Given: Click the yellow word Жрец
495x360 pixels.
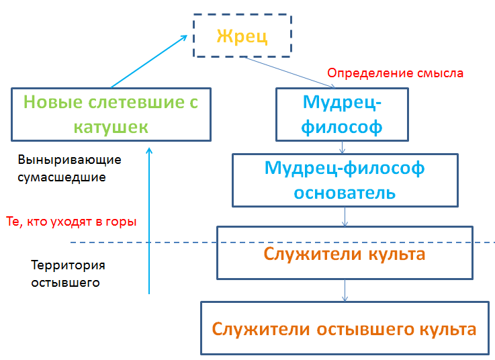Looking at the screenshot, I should (x=242, y=36).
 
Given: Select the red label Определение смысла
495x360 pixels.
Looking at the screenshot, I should (x=394, y=73).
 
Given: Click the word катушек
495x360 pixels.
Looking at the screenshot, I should (x=111, y=126).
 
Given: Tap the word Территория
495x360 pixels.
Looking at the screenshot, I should (x=68, y=265).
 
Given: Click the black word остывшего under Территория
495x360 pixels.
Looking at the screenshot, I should (x=66, y=282).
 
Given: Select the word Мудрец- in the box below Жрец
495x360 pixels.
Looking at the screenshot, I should (x=343, y=102).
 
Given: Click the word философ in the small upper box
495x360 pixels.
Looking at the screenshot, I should (x=343, y=126).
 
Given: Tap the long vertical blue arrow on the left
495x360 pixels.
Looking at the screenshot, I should (x=149, y=222).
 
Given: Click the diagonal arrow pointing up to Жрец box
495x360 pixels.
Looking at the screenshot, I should (x=148, y=61).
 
